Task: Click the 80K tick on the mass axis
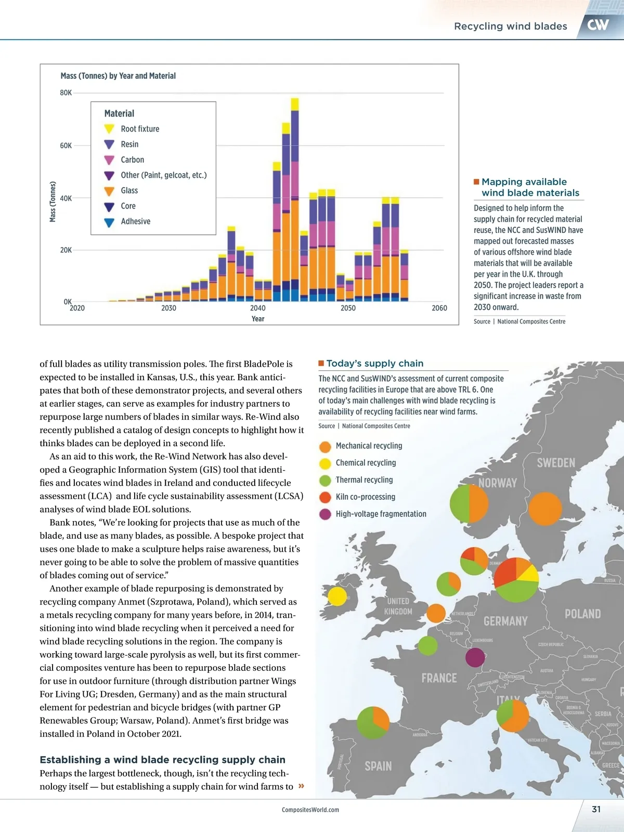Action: (x=66, y=93)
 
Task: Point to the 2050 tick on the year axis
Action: (x=348, y=308)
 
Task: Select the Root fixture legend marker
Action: (x=109, y=129)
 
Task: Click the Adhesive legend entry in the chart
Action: (x=135, y=222)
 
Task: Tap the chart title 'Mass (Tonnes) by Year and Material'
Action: (x=118, y=76)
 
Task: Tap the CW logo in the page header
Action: (x=598, y=24)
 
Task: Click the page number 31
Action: (x=596, y=809)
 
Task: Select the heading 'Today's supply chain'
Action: (x=374, y=363)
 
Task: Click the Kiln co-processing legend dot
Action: (x=325, y=497)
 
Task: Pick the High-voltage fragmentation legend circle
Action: (x=325, y=514)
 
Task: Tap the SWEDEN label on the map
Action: (x=556, y=463)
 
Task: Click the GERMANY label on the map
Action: (x=505, y=621)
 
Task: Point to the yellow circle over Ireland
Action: (x=337, y=596)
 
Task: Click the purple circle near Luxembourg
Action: (x=475, y=657)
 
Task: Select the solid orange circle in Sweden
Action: (x=545, y=509)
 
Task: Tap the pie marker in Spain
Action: (x=373, y=722)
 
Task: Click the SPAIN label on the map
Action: (x=378, y=766)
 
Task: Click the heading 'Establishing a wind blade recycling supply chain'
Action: (x=162, y=760)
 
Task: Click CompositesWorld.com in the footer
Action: (x=310, y=810)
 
